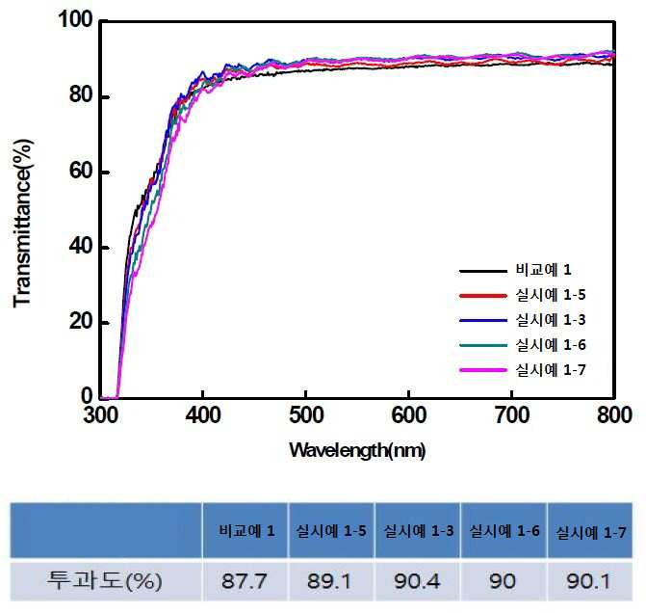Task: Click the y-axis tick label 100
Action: tap(76, 19)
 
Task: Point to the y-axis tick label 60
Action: tap(81, 171)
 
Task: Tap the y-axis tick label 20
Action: tap(81, 321)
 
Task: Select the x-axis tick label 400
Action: tap(203, 414)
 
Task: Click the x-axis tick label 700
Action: tap(511, 414)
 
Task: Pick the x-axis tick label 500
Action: tap(306, 414)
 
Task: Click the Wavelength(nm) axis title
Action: tap(357, 450)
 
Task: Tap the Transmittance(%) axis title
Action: tap(22, 224)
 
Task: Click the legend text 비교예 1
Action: tap(543, 270)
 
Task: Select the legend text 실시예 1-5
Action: tap(551, 295)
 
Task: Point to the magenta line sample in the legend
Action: tap(483, 370)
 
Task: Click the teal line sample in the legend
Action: tap(483, 345)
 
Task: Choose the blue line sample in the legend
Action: tap(483, 320)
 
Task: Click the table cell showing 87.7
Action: tap(245, 581)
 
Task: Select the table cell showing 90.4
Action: tap(417, 581)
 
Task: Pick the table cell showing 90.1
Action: tap(589, 581)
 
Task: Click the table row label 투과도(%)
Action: tap(105, 580)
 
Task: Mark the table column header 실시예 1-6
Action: tap(504, 531)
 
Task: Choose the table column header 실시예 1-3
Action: tap(419, 531)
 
